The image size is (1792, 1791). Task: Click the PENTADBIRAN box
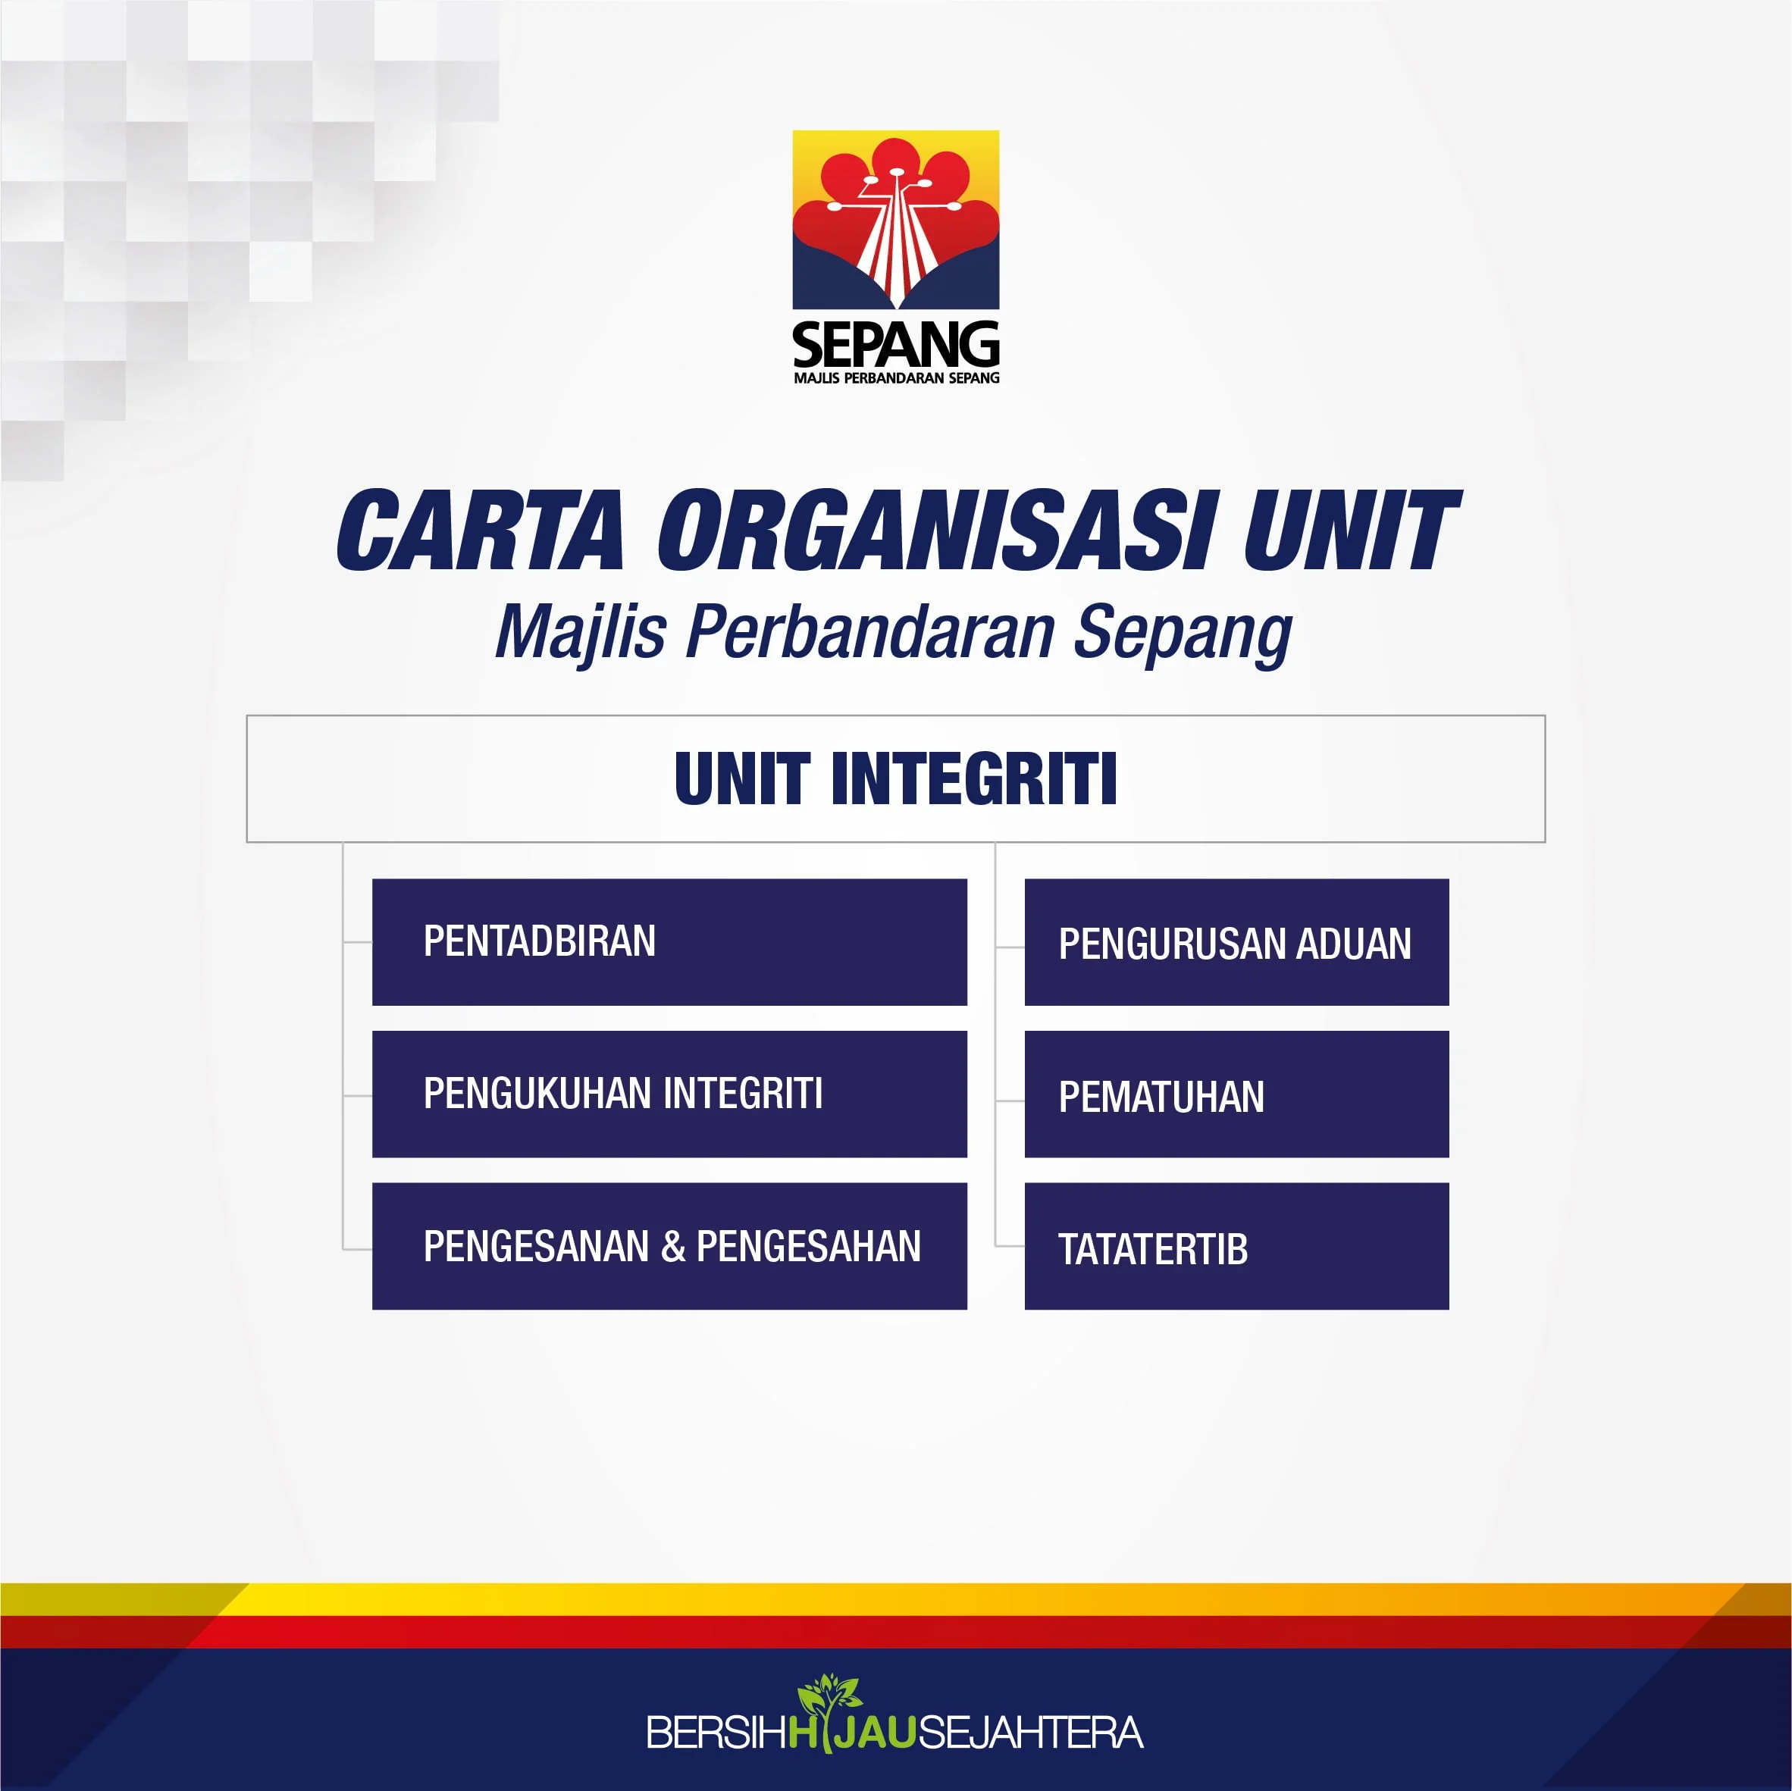pos(669,941)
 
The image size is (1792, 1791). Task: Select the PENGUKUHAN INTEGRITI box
pos(669,1094)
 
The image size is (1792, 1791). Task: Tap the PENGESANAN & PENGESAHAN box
pos(669,1245)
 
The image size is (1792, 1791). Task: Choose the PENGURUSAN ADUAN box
pos(1236,941)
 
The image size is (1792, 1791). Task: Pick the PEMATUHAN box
pos(1236,1094)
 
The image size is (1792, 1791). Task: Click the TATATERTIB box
pos(1236,1245)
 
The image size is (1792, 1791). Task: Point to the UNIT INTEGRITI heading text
pos(895,778)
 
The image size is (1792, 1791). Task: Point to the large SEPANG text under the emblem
pos(896,345)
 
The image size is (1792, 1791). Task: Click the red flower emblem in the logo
pos(896,219)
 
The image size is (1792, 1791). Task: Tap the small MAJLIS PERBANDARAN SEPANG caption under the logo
pos(896,377)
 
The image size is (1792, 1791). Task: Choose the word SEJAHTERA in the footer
pos(1030,1733)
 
